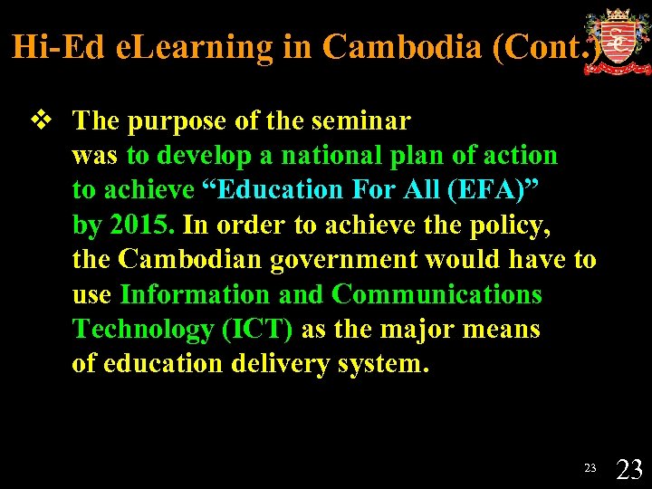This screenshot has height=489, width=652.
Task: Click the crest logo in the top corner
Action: click(617, 42)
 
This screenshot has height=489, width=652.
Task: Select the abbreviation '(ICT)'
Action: click(257, 330)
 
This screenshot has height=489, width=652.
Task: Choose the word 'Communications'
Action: click(437, 295)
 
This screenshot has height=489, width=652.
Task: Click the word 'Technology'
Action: click(143, 330)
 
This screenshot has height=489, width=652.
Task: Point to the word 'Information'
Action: click(195, 295)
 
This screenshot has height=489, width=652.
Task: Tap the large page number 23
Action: click(629, 469)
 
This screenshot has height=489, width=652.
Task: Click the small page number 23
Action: click(590, 468)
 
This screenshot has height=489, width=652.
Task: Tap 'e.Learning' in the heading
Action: click(194, 47)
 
